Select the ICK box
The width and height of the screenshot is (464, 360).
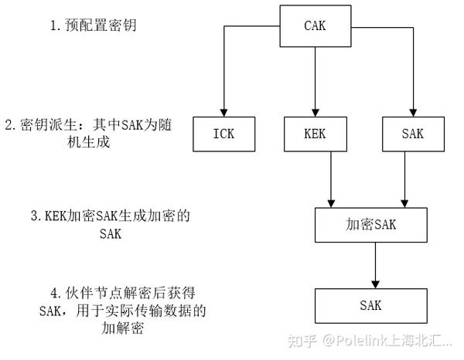coord(223,133)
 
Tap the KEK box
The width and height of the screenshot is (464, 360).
coord(316,133)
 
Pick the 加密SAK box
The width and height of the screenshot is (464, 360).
coord(371,224)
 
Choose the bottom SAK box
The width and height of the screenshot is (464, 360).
coord(371,304)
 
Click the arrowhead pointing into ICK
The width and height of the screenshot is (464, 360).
coord(223,113)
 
